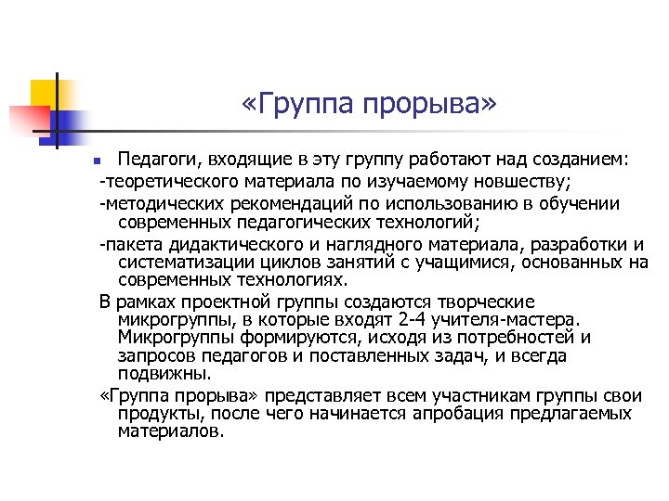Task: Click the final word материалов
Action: [x=171, y=431]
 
